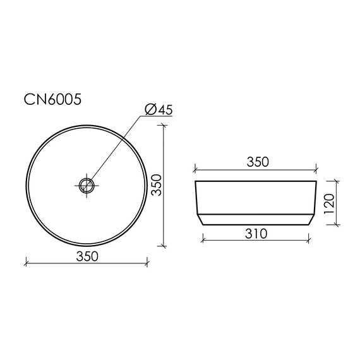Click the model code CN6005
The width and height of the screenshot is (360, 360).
[52, 99]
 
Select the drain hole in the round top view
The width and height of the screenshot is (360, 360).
[87, 185]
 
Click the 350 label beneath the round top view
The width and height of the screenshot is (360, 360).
[87, 255]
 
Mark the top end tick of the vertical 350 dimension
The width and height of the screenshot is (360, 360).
[165, 125]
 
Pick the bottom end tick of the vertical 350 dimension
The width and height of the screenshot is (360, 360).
[165, 246]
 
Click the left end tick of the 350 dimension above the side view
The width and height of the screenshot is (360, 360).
[195, 169]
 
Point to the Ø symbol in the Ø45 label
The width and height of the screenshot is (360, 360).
[150, 110]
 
